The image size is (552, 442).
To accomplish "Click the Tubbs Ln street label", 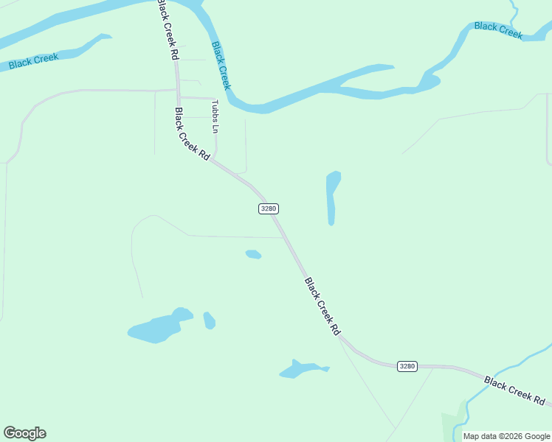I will tap(215, 116).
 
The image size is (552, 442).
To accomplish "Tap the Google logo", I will tap(24, 433).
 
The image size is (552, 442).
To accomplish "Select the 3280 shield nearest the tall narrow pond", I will tap(268, 208).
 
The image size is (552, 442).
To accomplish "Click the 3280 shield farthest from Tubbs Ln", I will tap(407, 366).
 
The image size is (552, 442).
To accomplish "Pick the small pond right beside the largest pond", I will tap(209, 320).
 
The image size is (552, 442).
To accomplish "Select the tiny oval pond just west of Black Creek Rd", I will tap(253, 254).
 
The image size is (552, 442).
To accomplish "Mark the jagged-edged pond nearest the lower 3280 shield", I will tap(301, 369).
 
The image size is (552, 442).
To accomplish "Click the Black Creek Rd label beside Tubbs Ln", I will tap(192, 134).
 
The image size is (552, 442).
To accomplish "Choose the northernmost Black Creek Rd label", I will tap(168, 30).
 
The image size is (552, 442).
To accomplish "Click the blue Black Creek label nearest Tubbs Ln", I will tap(221, 65).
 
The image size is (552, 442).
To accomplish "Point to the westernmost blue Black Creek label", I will tap(33, 60).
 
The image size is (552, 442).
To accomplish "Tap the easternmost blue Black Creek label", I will tap(498, 30).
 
